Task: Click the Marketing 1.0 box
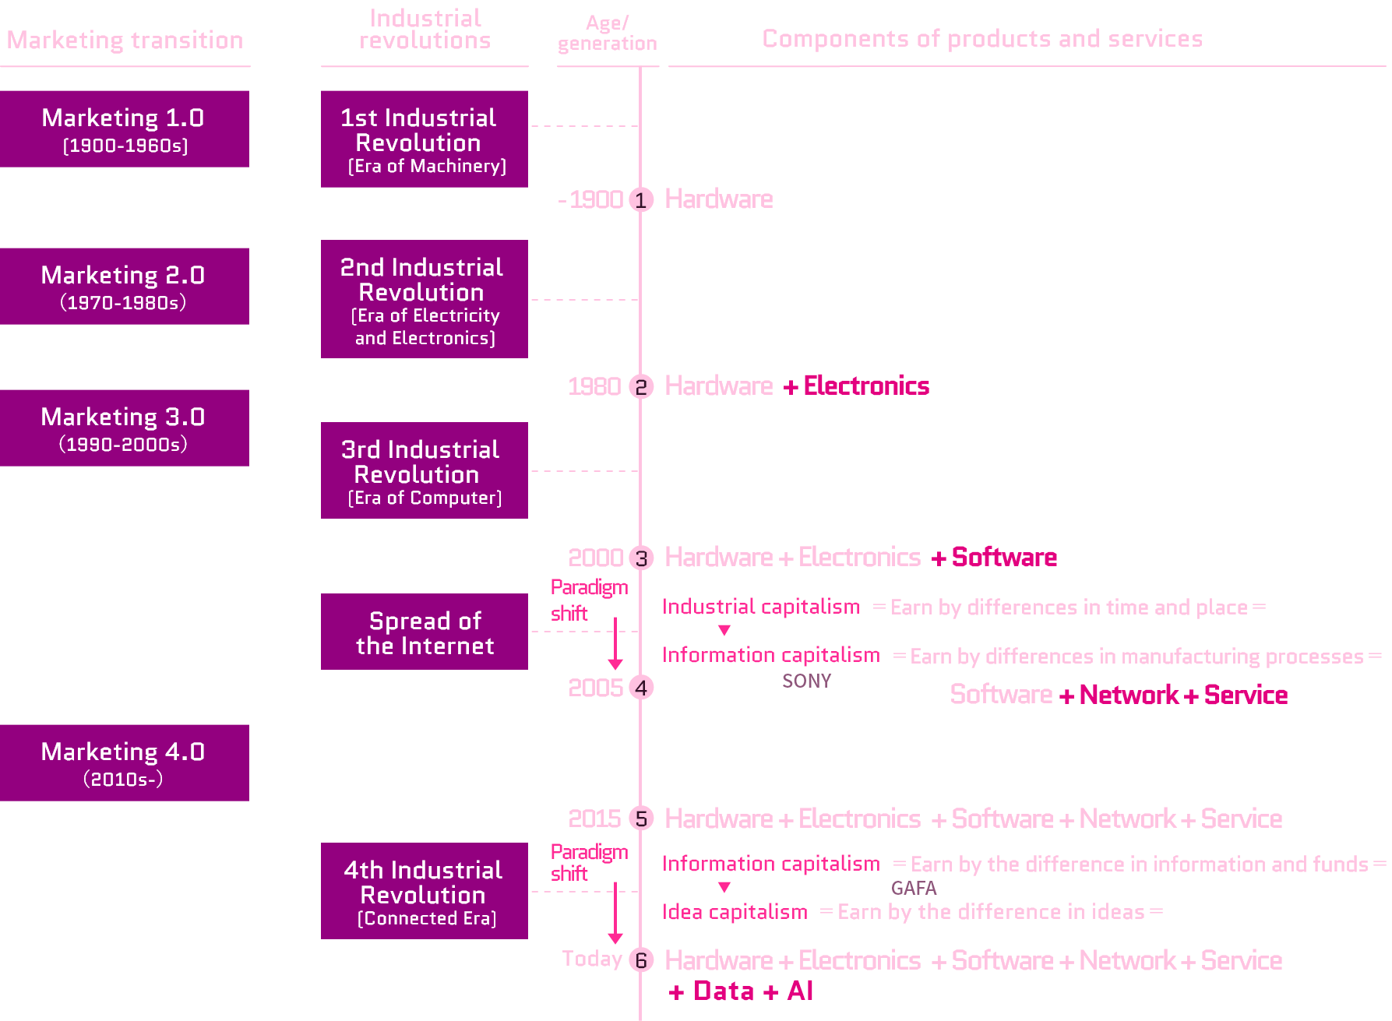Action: tap(125, 129)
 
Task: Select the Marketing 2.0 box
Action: tap(125, 287)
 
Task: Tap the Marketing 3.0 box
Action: tap(125, 428)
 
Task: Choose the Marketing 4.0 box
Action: tap(125, 763)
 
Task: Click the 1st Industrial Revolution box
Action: tap(425, 139)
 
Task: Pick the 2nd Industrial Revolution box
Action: tap(425, 299)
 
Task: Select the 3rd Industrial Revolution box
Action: tap(425, 470)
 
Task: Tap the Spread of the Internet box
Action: tap(425, 632)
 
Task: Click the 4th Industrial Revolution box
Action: tap(425, 891)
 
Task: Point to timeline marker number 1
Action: tap(641, 200)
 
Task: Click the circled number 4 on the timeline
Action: tap(641, 688)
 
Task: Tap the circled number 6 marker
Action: tap(641, 960)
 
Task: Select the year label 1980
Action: tap(594, 386)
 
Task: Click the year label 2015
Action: tap(594, 819)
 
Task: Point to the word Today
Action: tap(592, 959)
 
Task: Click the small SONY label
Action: tap(806, 681)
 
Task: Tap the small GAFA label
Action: tap(914, 889)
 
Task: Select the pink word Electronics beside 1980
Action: tap(866, 386)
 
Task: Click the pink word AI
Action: tap(800, 991)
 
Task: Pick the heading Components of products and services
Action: tap(982, 39)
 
